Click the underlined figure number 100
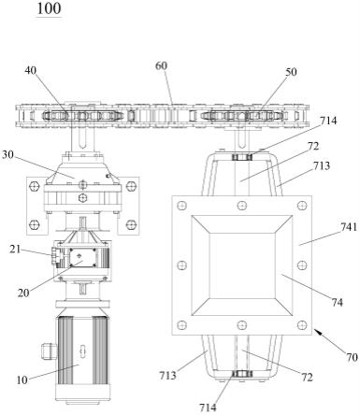(49, 8)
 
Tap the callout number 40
(31, 71)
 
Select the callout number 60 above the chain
(162, 65)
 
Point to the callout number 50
(291, 72)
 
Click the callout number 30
(7, 154)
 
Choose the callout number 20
(23, 293)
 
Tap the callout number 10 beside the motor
(22, 379)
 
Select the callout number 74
(337, 302)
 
